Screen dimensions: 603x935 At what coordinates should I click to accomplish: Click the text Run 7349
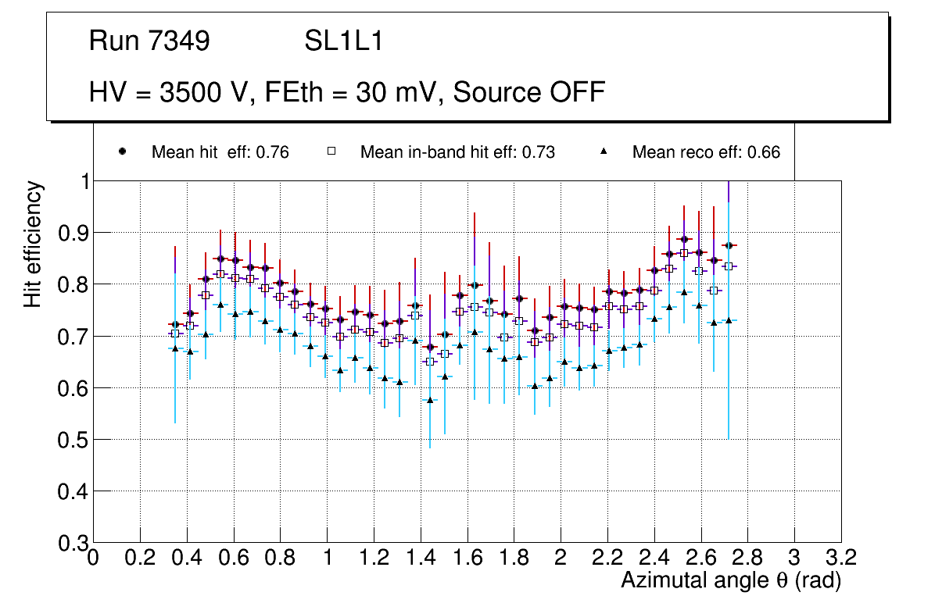149,41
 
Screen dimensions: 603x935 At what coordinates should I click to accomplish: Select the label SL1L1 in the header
344,41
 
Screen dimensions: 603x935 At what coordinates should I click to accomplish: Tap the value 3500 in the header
190,92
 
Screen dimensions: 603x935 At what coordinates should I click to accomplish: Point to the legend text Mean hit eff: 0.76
220,152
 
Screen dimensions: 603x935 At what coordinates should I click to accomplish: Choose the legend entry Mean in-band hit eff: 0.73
457,152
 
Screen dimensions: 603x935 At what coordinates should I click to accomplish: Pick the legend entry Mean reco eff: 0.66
706,152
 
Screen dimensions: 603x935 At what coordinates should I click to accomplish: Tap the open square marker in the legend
331,152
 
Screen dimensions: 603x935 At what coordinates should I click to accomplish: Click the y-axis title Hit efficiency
33,244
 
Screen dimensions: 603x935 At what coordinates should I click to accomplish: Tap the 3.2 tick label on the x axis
840,558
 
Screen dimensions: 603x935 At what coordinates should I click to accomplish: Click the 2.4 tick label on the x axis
654,558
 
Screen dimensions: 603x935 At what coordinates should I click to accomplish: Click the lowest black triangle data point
429,400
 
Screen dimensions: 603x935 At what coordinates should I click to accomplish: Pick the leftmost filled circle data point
175,324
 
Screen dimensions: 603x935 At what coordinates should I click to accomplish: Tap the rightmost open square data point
729,266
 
